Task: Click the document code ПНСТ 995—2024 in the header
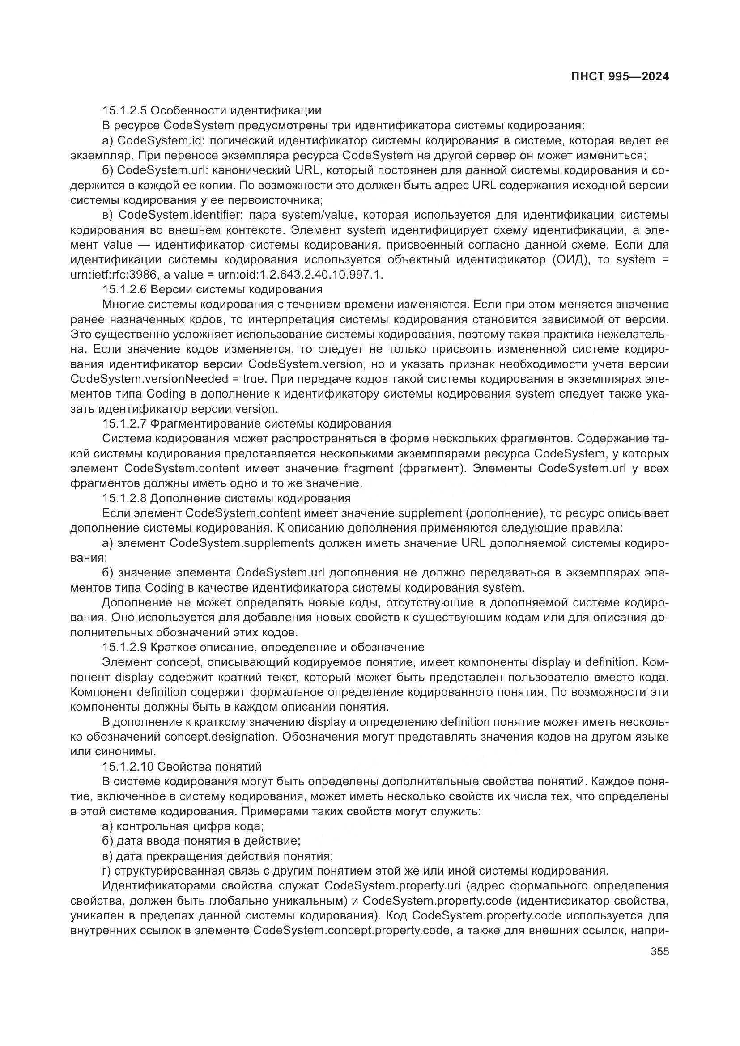click(620, 77)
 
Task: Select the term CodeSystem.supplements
click(242, 543)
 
